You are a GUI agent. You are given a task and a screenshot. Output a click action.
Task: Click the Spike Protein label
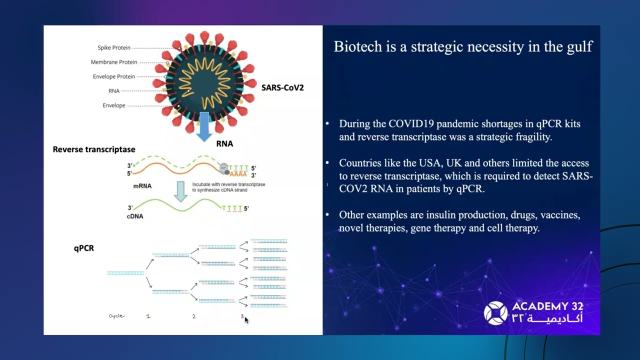114,48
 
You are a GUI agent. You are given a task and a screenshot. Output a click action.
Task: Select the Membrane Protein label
114,62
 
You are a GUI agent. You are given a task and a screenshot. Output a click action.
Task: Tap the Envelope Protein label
114,77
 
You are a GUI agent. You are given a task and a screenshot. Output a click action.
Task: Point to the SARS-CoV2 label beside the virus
282,87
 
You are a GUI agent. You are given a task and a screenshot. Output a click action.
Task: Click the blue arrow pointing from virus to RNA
204,125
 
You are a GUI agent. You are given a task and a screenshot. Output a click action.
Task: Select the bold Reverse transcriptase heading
94,149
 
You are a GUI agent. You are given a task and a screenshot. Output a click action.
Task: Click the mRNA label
142,186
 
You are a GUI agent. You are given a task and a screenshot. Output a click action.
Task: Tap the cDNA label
135,216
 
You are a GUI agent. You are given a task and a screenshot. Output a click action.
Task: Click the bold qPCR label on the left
84,248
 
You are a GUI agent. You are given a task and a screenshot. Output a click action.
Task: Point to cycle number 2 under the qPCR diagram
194,316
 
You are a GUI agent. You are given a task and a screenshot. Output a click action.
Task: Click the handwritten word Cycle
117,316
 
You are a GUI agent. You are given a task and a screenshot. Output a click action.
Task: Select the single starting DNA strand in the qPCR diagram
125,273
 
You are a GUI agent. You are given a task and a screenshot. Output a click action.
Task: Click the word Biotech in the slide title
356,47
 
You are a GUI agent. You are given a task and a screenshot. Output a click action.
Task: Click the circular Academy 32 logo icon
495,313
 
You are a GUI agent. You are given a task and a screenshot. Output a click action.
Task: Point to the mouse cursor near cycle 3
246,320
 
